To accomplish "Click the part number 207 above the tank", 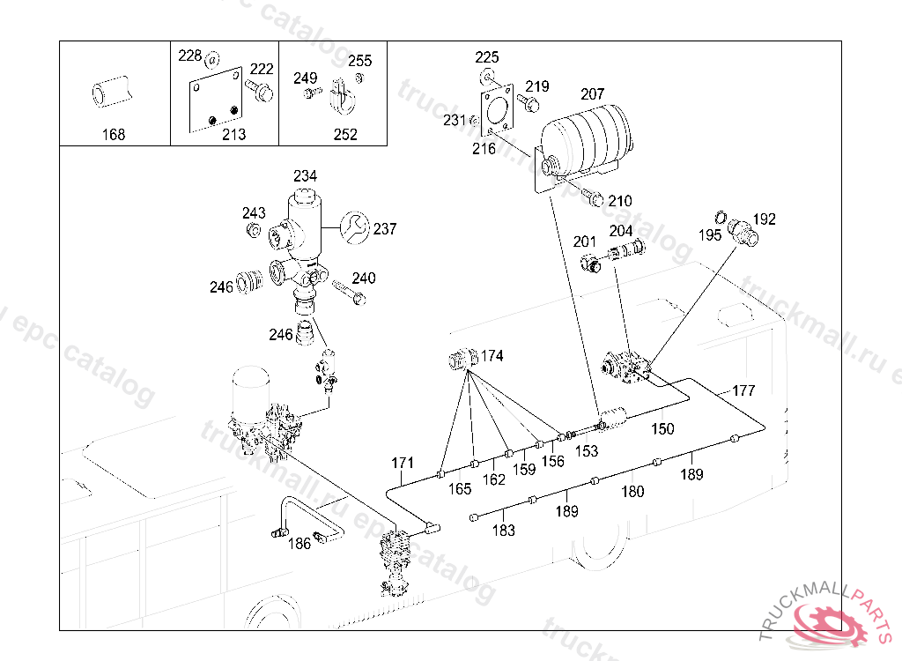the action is point(593,93).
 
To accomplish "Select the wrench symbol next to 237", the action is point(354,228).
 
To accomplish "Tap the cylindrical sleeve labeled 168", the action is point(112,92).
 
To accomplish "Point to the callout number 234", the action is point(305,175).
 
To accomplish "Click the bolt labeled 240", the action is point(349,292).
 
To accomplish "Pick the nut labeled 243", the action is point(252,230).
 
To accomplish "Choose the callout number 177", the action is point(743,390).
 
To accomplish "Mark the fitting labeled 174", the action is point(463,360).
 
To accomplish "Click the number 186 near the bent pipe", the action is point(299,543).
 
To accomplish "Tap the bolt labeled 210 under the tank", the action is point(593,197).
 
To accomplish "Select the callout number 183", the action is point(503,531).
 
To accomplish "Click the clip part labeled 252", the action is point(342,96).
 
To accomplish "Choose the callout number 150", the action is point(662,428).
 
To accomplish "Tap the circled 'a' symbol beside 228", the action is point(212,59).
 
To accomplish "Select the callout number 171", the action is point(403,463).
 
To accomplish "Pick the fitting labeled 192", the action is point(743,232).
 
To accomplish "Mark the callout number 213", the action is point(234,134).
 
